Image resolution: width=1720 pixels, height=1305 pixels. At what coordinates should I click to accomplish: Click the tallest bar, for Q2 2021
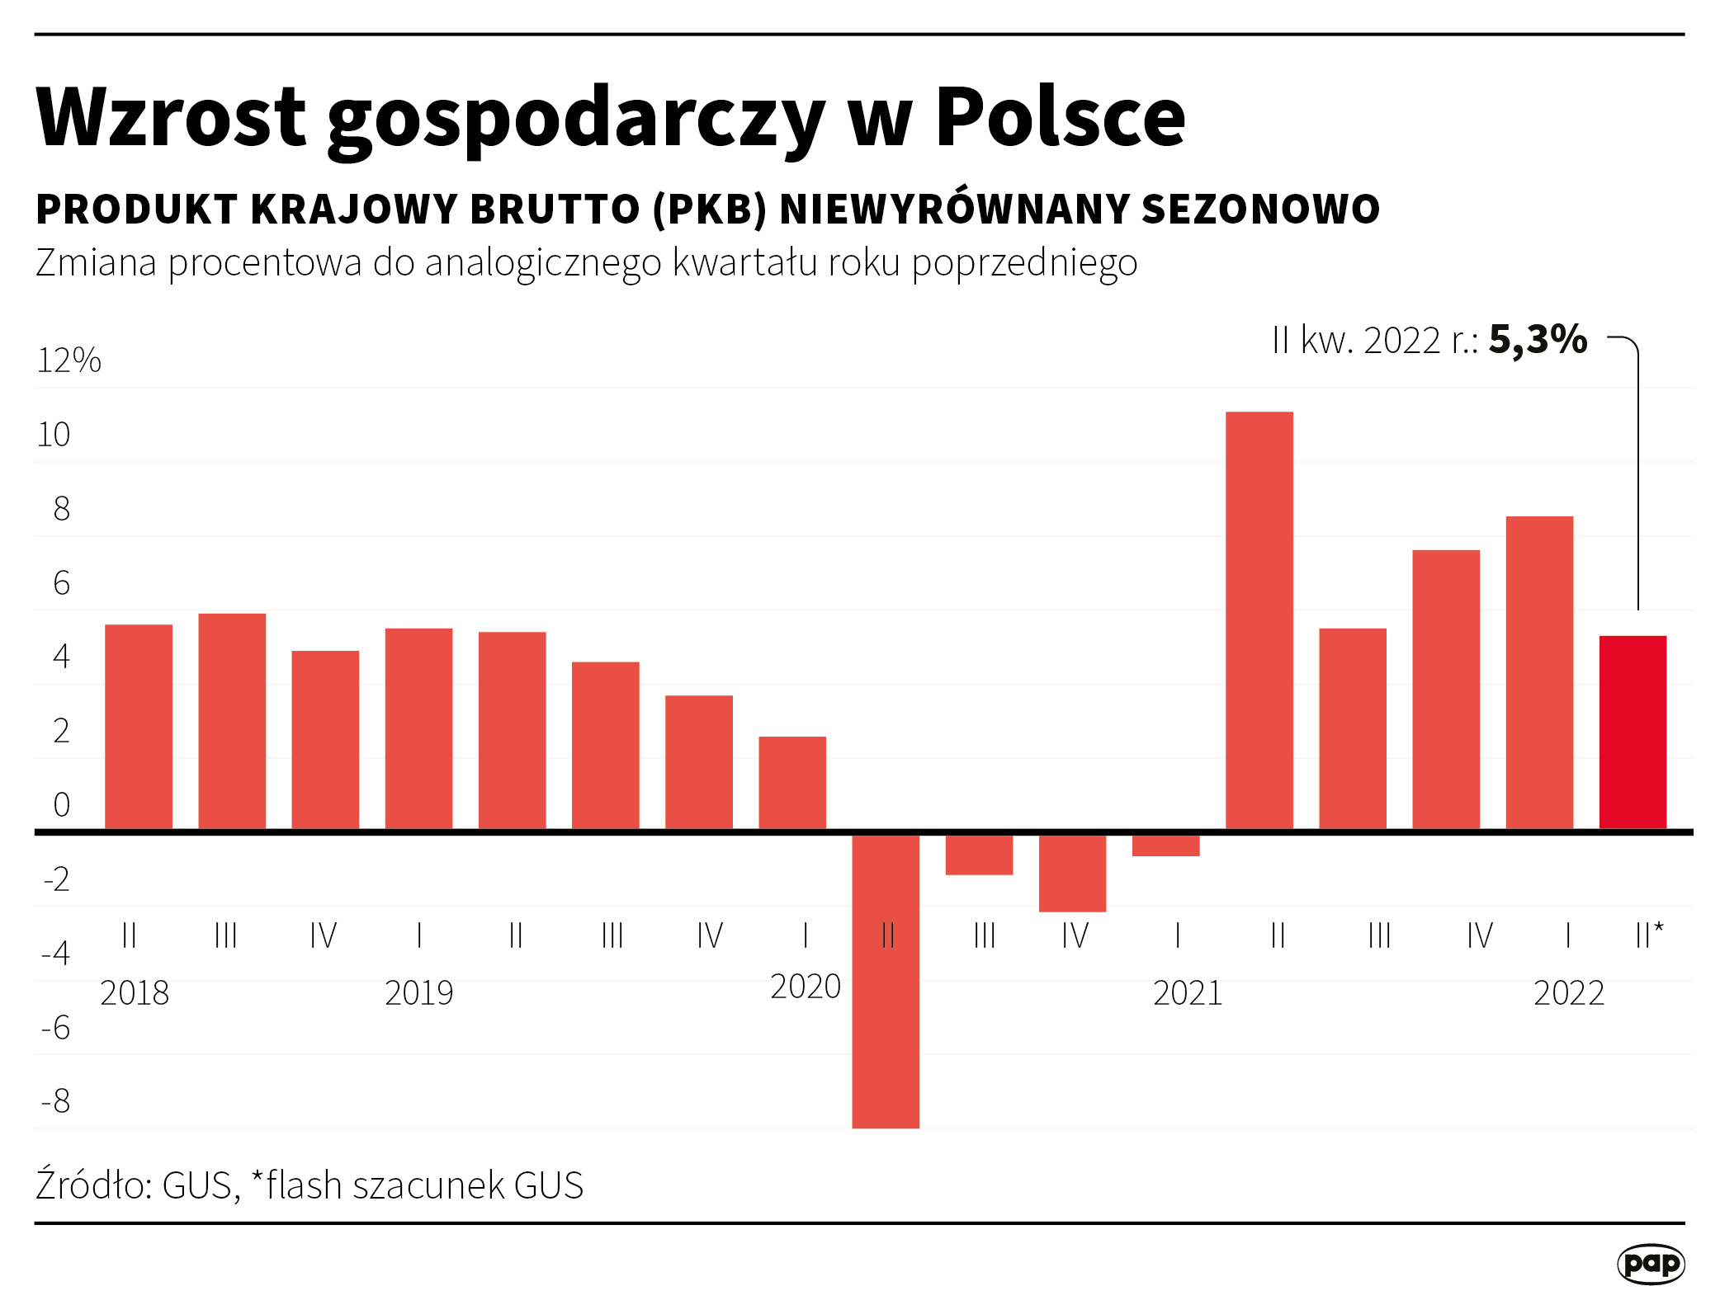[1259, 619]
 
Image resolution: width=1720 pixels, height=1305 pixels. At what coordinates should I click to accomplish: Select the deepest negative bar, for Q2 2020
[886, 982]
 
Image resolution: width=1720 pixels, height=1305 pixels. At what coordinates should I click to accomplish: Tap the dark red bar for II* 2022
[1633, 732]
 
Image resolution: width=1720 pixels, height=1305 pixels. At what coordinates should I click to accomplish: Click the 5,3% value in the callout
[1538, 340]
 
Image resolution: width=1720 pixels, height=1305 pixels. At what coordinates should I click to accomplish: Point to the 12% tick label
[69, 360]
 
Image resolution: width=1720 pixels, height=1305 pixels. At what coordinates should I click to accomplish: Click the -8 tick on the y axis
[56, 1101]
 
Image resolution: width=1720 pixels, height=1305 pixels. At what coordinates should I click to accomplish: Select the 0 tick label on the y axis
[61, 805]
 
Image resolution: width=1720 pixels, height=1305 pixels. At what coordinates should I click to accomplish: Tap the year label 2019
[418, 993]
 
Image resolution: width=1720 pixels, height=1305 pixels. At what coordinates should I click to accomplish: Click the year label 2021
[1187, 993]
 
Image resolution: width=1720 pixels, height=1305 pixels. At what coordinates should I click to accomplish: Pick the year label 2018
[135, 993]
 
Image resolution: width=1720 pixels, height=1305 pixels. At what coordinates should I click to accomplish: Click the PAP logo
[1651, 1264]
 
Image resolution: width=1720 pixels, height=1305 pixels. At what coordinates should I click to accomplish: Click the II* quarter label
[1648, 935]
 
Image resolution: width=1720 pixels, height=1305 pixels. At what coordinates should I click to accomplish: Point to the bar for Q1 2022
[1539, 672]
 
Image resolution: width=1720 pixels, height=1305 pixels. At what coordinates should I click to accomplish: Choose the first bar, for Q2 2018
[139, 726]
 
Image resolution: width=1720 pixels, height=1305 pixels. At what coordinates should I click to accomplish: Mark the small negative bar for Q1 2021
[1165, 846]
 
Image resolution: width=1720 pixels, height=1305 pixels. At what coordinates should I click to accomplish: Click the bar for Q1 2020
[792, 782]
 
